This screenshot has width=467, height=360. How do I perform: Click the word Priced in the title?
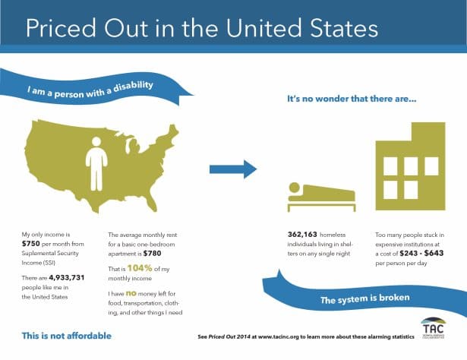click(x=65, y=28)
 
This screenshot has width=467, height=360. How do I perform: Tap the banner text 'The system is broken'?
click(x=364, y=302)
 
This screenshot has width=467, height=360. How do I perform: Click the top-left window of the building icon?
click(x=392, y=165)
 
